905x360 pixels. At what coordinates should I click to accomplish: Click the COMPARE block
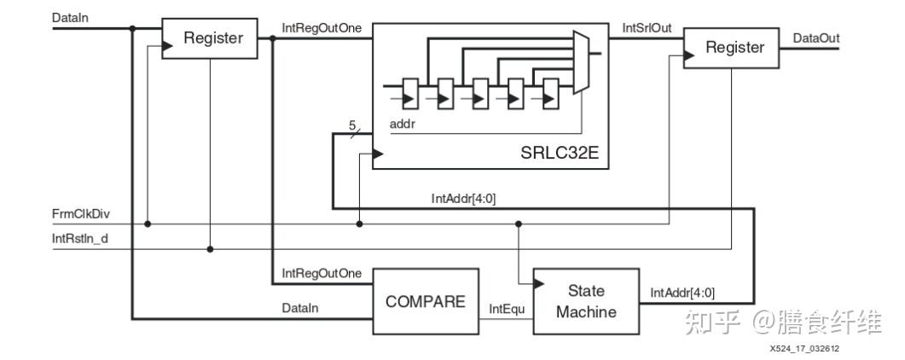coord(426,301)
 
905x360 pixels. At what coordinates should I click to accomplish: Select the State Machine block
coord(586,301)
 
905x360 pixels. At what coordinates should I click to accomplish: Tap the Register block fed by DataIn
coord(210,38)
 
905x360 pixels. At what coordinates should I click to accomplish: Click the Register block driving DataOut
coord(731,48)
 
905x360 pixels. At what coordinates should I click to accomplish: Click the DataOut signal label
coord(816,38)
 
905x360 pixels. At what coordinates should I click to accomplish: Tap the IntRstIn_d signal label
coord(80,238)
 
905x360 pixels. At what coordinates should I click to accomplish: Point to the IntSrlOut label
coord(647,27)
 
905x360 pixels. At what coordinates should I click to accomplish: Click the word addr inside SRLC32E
coord(403,124)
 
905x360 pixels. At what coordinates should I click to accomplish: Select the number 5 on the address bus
coord(352,125)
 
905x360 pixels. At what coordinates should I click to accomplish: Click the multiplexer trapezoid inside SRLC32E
coord(581,62)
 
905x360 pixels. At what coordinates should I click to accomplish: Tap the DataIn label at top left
coord(70,17)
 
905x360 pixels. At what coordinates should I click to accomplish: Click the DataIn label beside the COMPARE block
coord(300,309)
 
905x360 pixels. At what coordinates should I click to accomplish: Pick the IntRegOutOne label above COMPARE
coord(322,272)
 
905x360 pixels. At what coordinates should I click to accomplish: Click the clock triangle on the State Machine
coord(538,283)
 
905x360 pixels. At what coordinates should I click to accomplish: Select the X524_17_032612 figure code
coord(804,348)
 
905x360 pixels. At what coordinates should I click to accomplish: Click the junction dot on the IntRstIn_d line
coord(210,249)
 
